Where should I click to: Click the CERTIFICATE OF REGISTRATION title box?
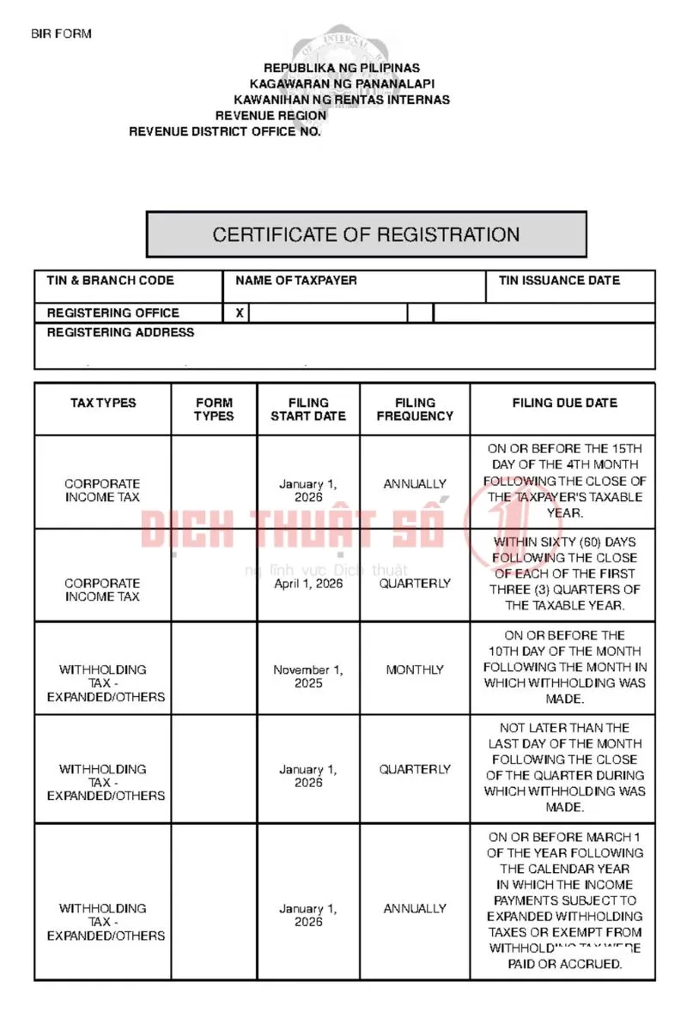click(366, 234)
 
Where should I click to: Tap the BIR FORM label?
click(61, 34)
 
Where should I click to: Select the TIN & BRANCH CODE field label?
click(110, 281)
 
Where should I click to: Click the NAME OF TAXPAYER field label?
click(295, 281)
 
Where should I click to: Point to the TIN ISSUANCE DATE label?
click(559, 281)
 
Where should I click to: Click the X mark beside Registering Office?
click(240, 313)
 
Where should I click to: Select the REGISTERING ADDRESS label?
click(120, 332)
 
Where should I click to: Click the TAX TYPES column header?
click(103, 403)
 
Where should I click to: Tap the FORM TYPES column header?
click(214, 409)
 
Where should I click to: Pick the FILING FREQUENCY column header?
click(415, 409)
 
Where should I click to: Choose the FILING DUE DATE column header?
click(564, 403)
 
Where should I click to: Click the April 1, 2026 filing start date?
click(308, 584)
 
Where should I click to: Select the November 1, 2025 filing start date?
click(308, 676)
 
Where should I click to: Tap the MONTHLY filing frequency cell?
click(415, 669)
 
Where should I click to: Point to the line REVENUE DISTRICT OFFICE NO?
click(224, 132)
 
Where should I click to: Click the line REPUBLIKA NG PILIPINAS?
click(341, 68)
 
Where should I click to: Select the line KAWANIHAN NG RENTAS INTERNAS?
click(341, 100)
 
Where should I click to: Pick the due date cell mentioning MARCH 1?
click(564, 900)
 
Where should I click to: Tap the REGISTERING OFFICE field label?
click(112, 313)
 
